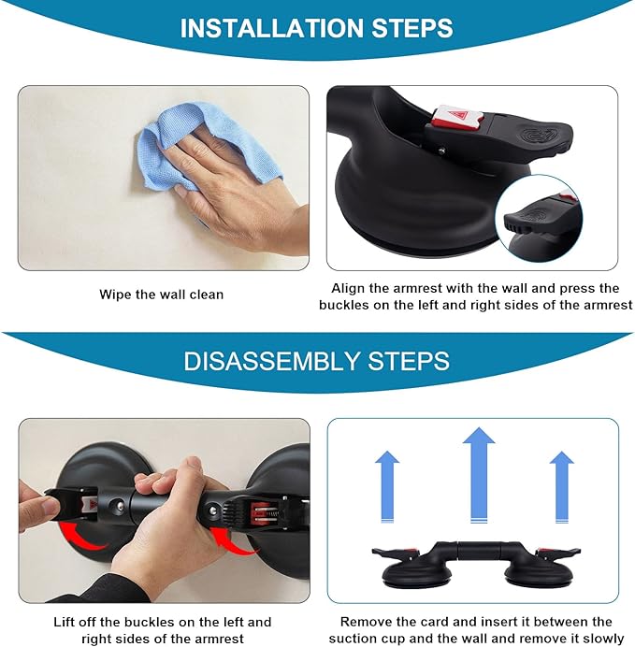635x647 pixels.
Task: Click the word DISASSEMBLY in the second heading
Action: click(272, 361)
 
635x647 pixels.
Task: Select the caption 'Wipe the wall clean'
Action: click(162, 295)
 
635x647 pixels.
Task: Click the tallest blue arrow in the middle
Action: click(479, 475)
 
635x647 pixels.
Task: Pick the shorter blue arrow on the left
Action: click(387, 487)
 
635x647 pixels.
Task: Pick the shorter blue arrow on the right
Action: click(562, 487)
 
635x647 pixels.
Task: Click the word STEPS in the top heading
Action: click(412, 28)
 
